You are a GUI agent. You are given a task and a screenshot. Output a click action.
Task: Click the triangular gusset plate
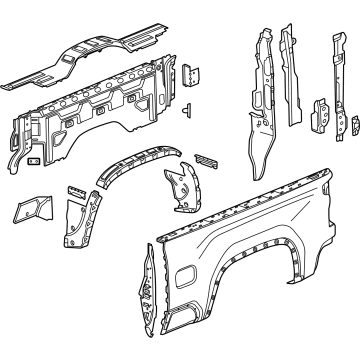tap(28, 209)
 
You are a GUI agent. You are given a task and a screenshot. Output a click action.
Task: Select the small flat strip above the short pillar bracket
tap(76, 189)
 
